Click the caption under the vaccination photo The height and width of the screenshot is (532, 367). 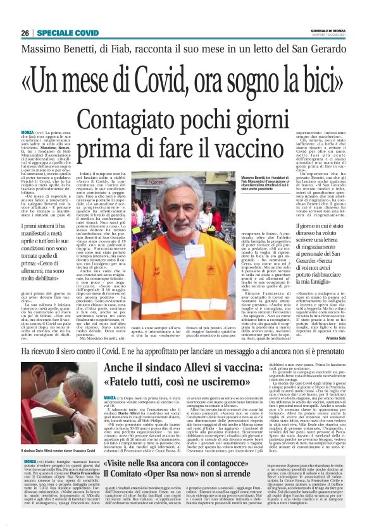click(48, 450)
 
